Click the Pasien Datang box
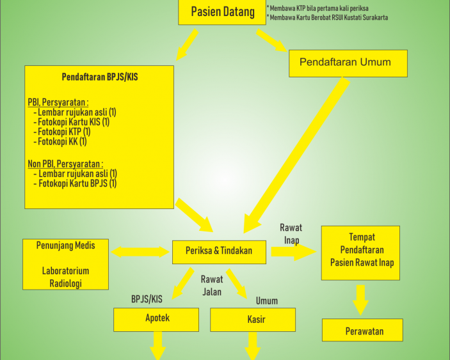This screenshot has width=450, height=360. point(222,12)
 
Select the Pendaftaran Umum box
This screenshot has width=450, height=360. point(348,63)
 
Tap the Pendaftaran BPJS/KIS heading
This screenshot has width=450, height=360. point(100,77)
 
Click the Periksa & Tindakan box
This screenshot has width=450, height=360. point(219,252)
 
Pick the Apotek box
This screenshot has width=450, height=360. point(156,320)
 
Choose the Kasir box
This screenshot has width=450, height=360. point(253,320)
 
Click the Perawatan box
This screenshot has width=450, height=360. point(362,330)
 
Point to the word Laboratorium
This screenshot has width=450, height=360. point(65,271)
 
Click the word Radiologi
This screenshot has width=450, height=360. point(66,283)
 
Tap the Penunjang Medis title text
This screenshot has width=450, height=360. point(65,246)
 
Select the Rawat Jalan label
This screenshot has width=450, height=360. point(212,285)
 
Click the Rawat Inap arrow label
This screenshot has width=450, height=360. point(291,234)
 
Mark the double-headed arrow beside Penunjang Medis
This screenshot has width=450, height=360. point(140,252)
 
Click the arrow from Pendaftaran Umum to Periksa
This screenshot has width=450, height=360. point(296,155)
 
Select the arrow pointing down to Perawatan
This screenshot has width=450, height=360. point(361,300)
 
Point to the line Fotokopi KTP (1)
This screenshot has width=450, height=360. point(61,132)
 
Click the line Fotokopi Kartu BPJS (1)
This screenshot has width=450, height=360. point(75,184)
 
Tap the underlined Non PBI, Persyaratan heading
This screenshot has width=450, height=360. point(65,164)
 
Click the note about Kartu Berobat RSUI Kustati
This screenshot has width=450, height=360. point(327,17)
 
